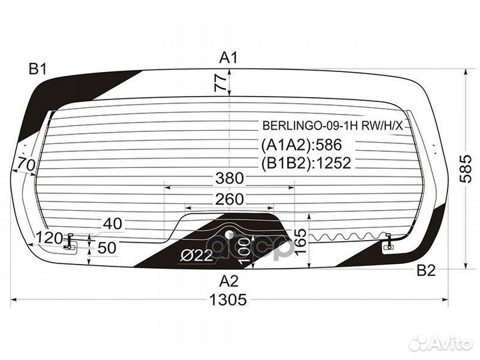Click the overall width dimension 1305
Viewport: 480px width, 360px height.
(228, 299)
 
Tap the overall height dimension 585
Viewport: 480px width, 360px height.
(466, 169)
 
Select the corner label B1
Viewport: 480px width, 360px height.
(37, 69)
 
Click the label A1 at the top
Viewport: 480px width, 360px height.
(229, 57)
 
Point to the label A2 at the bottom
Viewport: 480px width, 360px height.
(229, 281)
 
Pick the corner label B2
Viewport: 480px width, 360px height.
(426, 270)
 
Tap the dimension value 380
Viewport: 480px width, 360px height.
(229, 178)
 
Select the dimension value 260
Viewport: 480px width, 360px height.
(229, 199)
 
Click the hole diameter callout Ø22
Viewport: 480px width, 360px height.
(197, 255)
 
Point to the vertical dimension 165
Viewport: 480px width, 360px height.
(301, 241)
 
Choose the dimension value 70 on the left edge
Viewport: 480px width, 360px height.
(26, 165)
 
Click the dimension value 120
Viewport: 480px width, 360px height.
(49, 237)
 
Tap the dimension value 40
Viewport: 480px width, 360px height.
(113, 224)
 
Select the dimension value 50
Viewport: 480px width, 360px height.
(107, 248)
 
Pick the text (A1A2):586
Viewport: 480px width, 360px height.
(301, 145)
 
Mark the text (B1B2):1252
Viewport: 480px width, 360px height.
(306, 163)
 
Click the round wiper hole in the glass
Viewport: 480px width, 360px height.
(229, 235)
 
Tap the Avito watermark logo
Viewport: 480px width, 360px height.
(441, 343)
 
